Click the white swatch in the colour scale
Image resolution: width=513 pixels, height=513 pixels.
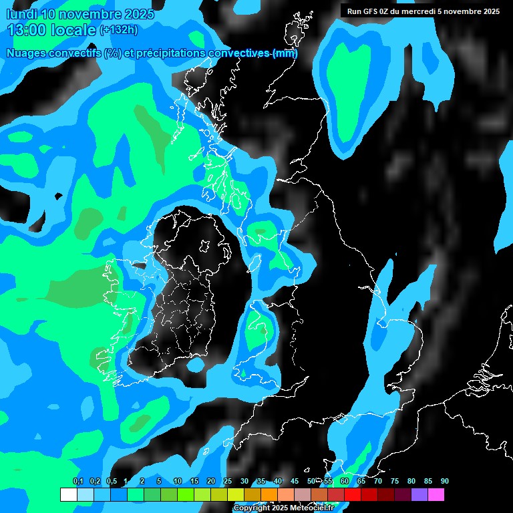coord(68,495)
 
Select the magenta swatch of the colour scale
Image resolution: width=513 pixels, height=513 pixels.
coord(436,495)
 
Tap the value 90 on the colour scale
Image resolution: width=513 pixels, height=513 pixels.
coord(445,481)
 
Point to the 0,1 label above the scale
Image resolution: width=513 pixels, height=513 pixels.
coord(78,481)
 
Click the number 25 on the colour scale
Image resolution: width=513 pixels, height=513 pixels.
coord(228,481)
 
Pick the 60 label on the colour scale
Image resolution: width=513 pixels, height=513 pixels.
coord(345,481)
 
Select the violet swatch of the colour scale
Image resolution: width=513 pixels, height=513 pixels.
coord(419,495)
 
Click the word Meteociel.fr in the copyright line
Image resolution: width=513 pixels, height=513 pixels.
coord(309,508)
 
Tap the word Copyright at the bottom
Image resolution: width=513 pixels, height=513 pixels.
coord(252,508)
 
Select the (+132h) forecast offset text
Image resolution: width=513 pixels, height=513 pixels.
coord(119,30)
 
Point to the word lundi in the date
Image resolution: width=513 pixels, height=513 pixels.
coord(21,14)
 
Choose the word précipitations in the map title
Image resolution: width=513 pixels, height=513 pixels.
coord(170,53)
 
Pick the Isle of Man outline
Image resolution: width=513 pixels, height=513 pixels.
coord(255,262)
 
